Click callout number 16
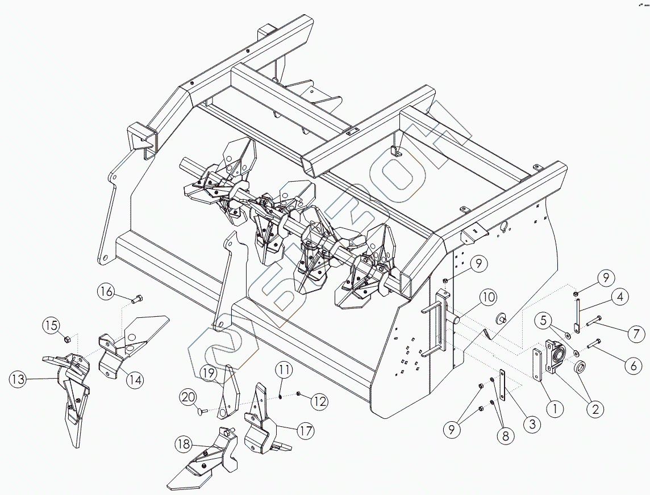click(106, 292)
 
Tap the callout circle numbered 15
click(51, 326)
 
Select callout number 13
click(19, 379)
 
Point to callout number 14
click(135, 380)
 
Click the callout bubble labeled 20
click(189, 396)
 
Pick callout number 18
click(184, 443)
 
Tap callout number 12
click(319, 401)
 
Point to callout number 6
click(634, 366)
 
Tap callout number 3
click(532, 423)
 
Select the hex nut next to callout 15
click(66, 339)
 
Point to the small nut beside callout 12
click(299, 393)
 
